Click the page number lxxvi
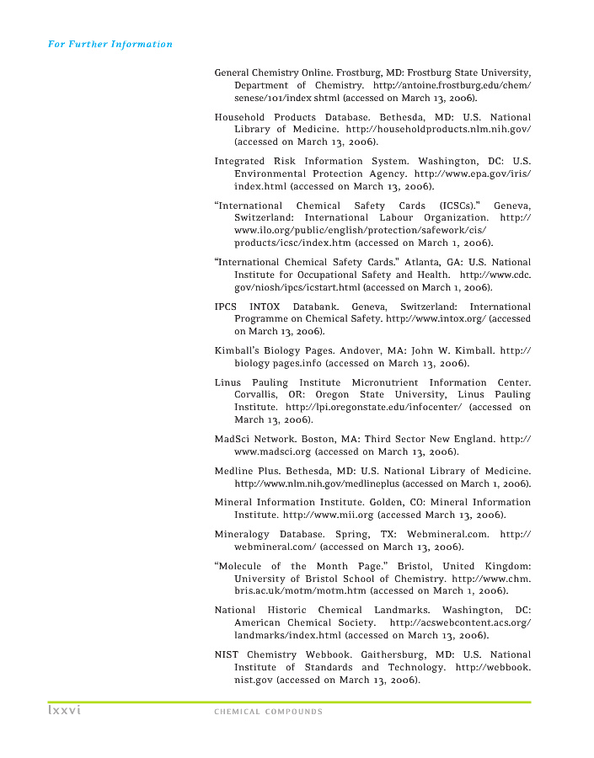[x=62, y=711]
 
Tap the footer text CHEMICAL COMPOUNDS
[x=268, y=712]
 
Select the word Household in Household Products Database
[x=239, y=116]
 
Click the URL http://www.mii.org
[x=328, y=513]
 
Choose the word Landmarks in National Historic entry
[x=393, y=610]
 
